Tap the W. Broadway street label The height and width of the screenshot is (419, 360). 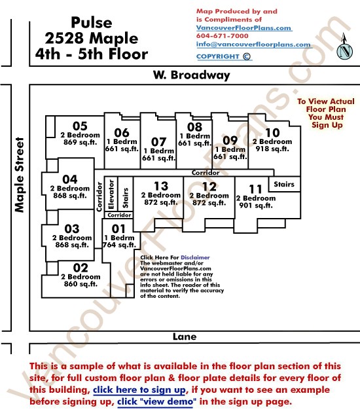192,75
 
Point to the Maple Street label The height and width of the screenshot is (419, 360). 20,175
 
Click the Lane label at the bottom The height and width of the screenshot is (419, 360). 185,337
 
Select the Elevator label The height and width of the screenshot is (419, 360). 111,194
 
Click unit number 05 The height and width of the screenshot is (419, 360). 80,126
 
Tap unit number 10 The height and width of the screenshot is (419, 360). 272,132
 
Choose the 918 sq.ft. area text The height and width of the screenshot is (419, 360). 272,149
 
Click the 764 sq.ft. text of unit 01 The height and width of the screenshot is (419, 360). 119,245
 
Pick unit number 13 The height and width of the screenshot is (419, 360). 161,186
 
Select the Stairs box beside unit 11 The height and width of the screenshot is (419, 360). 284,184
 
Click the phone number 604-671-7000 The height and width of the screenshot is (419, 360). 222,36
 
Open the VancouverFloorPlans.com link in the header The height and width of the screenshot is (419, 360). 244,27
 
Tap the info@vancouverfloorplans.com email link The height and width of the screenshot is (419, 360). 254,45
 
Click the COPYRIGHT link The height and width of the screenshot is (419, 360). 224,57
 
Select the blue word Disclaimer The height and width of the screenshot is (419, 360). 195,257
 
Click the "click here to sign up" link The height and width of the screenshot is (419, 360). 139,390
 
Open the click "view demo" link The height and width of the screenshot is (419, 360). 157,401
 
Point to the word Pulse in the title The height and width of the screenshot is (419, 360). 92,22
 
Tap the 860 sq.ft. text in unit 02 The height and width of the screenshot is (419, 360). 81,283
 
